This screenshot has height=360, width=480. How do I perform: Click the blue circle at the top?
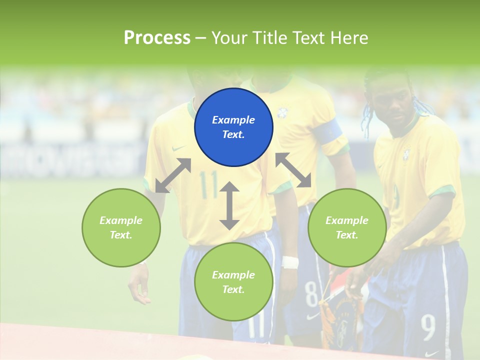coord(233,127)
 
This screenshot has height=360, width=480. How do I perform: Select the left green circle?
coord(121,227)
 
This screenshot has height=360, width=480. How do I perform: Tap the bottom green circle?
coord(233,282)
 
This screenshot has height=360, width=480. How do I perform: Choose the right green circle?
coord(346,227)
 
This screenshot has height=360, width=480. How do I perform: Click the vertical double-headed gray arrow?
coord(229,205)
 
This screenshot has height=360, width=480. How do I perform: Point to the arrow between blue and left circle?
coord(173,175)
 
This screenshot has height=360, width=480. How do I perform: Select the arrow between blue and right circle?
coord(293,170)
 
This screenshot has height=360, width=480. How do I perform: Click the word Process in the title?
coord(157,37)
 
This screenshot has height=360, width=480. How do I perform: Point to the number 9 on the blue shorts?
coord(428,327)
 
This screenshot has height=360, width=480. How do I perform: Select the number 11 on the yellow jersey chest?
coord(208,184)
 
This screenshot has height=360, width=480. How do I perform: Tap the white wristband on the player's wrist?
coord(289,262)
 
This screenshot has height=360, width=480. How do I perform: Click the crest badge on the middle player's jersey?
coord(283,112)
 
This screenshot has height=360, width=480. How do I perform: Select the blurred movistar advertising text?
coord(70,157)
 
